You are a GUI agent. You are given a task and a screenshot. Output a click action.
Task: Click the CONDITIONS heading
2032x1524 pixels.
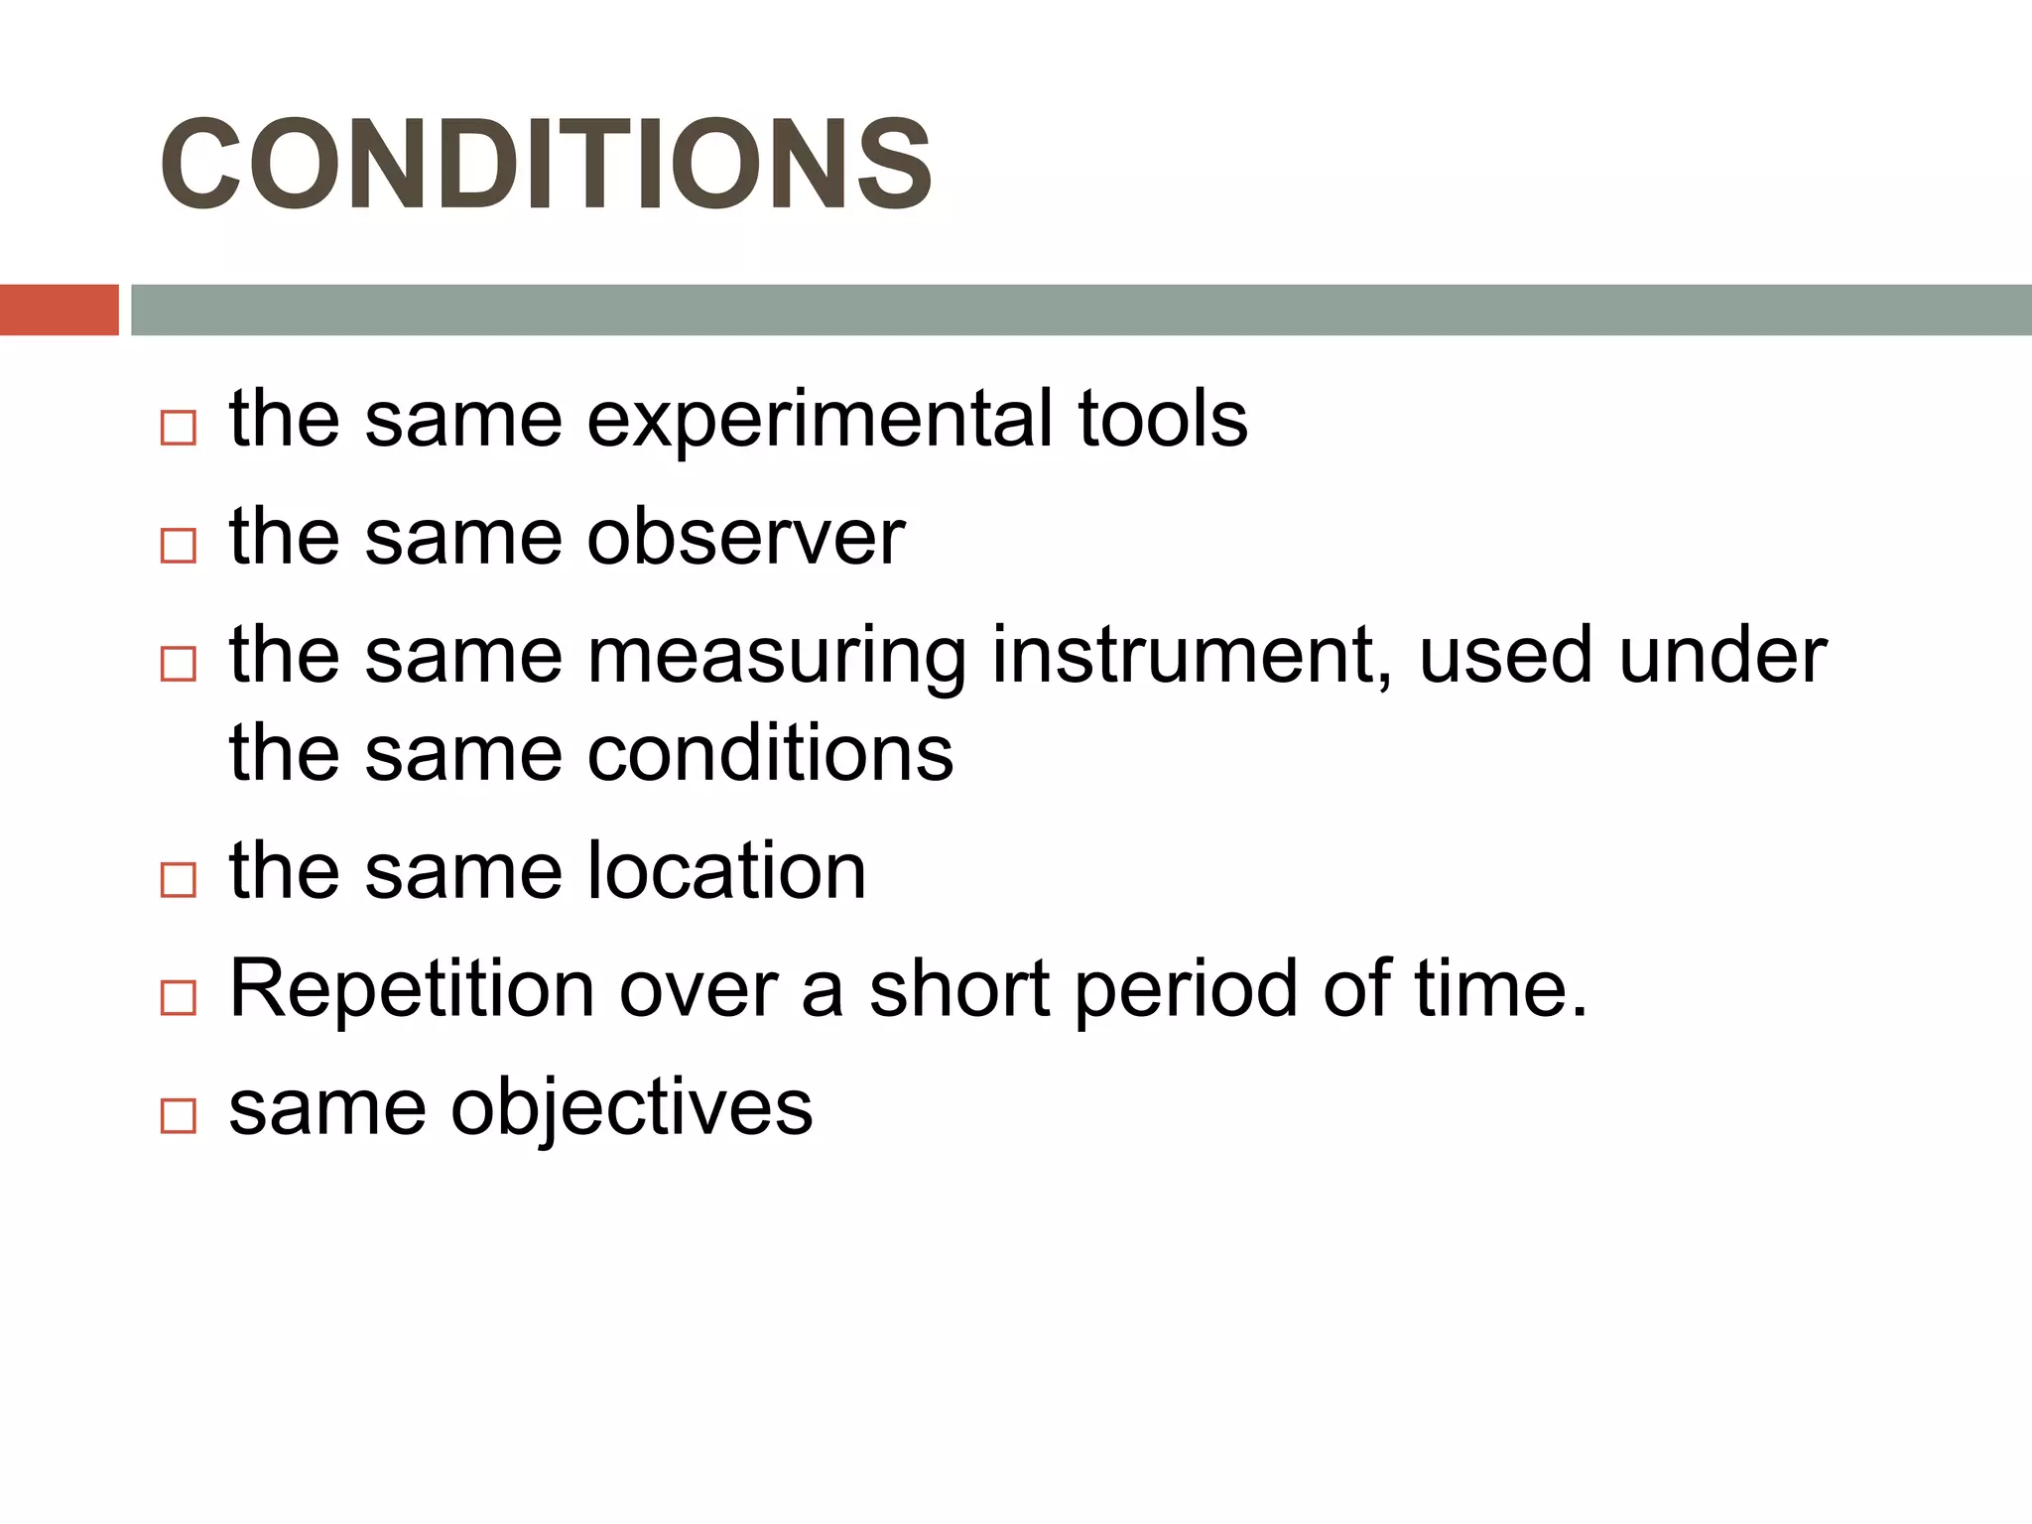coord(546,164)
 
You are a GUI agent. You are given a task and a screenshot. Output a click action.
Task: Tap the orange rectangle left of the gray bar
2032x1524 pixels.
coord(59,310)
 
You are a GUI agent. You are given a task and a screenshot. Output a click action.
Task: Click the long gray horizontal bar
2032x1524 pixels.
coord(1080,310)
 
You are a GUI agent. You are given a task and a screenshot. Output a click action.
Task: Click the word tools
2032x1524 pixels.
coord(1162,419)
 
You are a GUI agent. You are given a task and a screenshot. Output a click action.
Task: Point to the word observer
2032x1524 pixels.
coord(746,537)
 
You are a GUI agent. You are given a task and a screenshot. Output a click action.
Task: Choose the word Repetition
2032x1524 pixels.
coord(413,989)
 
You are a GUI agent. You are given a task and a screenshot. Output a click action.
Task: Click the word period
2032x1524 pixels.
coord(1186,990)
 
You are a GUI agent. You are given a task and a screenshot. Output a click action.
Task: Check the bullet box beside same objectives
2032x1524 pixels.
coord(179,1116)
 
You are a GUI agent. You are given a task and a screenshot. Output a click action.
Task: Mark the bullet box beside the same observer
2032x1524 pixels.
coord(179,545)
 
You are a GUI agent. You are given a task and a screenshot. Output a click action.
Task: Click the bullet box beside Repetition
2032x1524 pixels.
coord(179,997)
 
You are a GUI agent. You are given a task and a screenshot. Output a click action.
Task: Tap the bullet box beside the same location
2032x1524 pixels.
coord(179,879)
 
